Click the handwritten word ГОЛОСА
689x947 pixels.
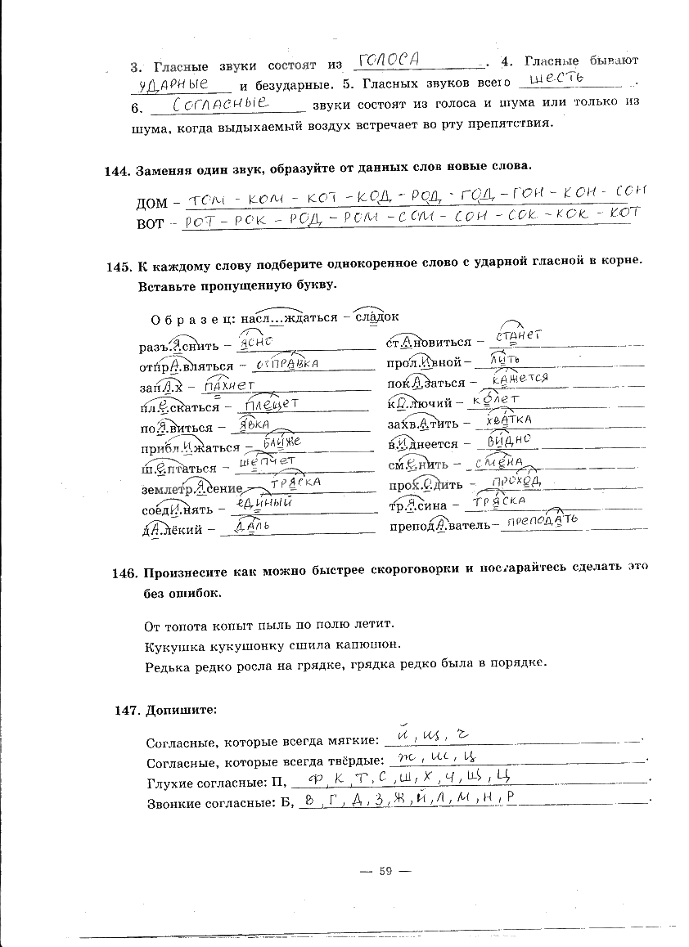click(x=390, y=59)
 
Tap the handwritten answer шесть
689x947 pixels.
click(x=556, y=79)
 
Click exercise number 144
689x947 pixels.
click(x=118, y=169)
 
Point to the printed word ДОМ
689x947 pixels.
click(x=151, y=203)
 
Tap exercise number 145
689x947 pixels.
click(x=119, y=267)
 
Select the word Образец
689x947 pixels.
click(x=193, y=317)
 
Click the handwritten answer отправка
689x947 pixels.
click(x=286, y=362)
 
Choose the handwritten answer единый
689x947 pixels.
click(x=263, y=505)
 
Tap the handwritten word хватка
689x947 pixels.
click(x=509, y=420)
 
